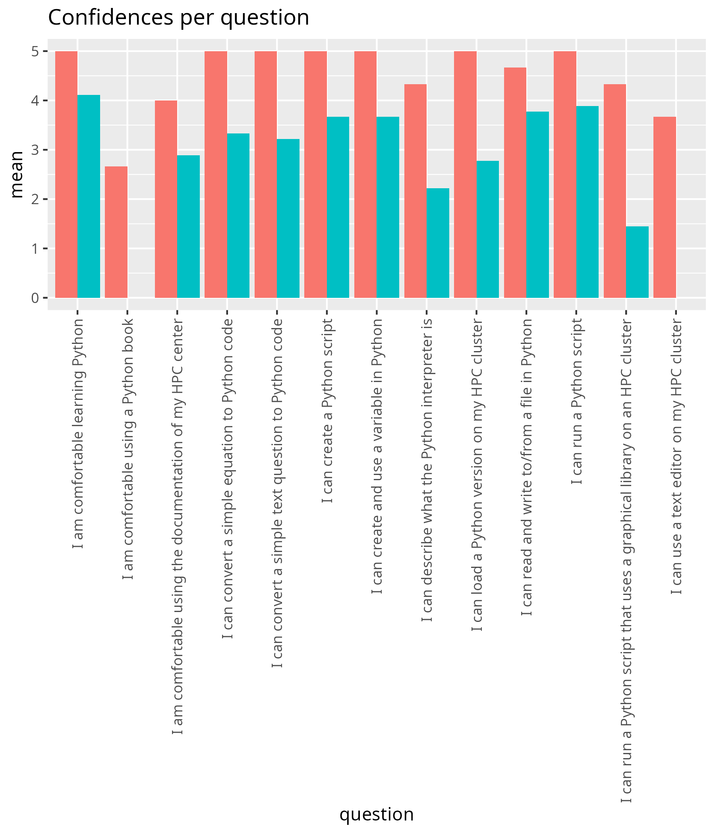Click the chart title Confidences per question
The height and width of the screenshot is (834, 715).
tap(178, 18)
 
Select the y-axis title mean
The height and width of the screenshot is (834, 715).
tap(17, 174)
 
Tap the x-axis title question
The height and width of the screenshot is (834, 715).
tap(377, 814)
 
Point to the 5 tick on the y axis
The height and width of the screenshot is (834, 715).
tap(35, 51)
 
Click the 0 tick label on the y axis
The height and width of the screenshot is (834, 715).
tap(35, 298)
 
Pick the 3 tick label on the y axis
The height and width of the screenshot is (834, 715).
tap(35, 150)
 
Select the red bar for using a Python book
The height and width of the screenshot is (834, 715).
tap(116, 232)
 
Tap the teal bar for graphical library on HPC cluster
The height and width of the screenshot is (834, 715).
tap(637, 262)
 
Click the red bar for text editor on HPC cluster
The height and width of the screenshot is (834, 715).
tap(665, 207)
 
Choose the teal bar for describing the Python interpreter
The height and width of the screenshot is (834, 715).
tap(438, 243)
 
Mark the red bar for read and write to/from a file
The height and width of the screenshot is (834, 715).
tap(515, 183)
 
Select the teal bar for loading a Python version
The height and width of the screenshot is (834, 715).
tap(487, 230)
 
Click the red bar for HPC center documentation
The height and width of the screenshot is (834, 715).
tap(166, 199)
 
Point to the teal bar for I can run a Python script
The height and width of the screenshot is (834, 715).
tap(587, 202)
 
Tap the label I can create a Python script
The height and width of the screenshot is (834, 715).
tap(327, 411)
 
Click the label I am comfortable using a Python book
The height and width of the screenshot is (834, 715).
tap(128, 449)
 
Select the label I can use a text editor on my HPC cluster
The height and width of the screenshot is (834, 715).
tap(676, 456)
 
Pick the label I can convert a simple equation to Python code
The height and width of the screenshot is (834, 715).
tap(228, 479)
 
